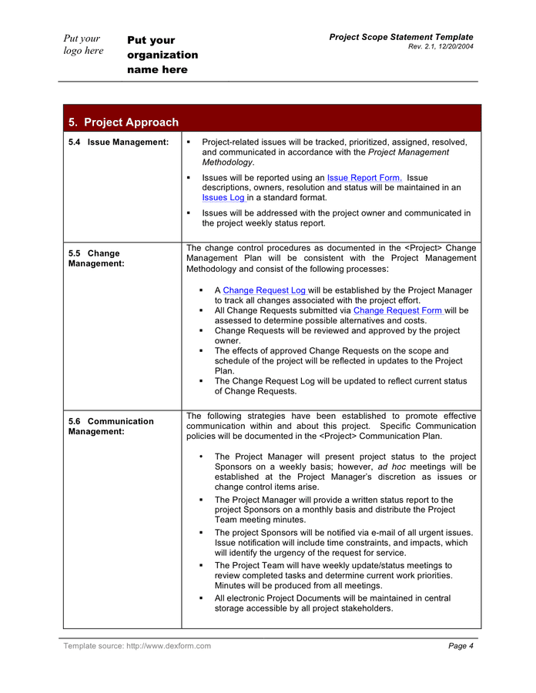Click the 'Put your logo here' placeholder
tap(83, 45)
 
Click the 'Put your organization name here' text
tap(162, 55)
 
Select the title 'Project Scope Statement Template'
tap(401, 37)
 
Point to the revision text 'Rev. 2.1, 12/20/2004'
tap(441, 47)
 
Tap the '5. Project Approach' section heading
tap(123, 122)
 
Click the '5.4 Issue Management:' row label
tap(119, 142)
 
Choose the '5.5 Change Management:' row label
tap(95, 258)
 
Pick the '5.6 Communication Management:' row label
tap(110, 427)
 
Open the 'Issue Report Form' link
tap(363, 178)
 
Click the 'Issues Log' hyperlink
tap(223, 198)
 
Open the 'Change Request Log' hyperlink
tap(264, 290)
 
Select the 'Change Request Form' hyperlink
tap(397, 310)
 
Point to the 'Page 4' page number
tap(461, 646)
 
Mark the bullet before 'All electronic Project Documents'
tap(201, 598)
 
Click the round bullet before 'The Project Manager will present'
tap(201, 457)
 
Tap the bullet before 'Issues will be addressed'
tap(189, 213)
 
